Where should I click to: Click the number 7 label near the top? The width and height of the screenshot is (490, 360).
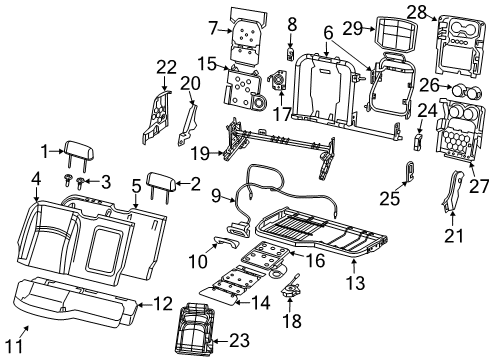(x=212, y=25)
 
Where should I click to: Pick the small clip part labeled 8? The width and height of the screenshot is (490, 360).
(x=292, y=52)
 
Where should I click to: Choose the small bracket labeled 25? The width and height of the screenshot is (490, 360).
(x=411, y=170)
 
